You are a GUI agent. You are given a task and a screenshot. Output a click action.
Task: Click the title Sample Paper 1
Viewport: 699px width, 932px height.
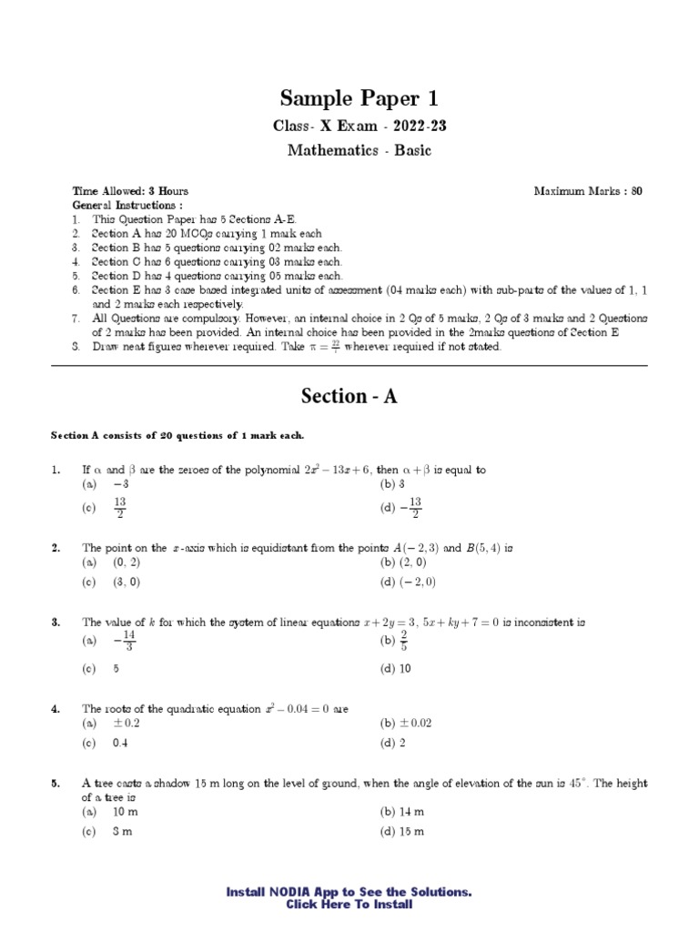[x=349, y=98]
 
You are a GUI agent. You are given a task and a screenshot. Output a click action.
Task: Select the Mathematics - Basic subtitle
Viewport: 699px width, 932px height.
[x=360, y=150]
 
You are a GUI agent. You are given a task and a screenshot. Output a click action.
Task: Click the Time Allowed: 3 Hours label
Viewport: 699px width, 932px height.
[x=130, y=191]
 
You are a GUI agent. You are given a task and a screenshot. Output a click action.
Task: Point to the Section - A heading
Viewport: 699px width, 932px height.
[x=349, y=397]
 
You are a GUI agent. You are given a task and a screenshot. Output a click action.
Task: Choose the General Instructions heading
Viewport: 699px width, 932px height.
[x=121, y=206]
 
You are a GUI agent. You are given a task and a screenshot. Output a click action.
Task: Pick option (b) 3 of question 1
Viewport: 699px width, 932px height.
[x=392, y=484]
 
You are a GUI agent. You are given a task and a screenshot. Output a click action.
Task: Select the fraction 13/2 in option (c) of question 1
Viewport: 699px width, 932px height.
[x=119, y=508]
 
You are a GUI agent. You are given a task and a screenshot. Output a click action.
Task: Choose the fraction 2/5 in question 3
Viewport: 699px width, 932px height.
[x=404, y=643]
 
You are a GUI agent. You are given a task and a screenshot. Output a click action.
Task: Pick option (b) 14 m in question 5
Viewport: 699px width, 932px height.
[x=402, y=811]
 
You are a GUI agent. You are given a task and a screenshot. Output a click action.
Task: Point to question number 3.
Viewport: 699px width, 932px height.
[x=56, y=623]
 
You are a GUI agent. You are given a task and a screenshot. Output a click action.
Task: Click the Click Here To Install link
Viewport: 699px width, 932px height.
[x=349, y=905]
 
